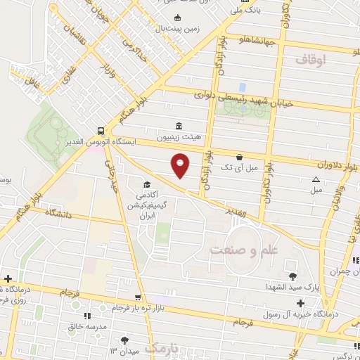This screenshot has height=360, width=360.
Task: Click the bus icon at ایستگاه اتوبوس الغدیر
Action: [102, 131]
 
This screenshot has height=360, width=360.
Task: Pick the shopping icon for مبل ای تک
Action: [240, 157]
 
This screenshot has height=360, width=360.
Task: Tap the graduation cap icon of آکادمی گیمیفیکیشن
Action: [147, 184]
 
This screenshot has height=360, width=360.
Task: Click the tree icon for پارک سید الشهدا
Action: [293, 276]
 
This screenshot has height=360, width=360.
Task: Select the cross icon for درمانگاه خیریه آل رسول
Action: [300, 304]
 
